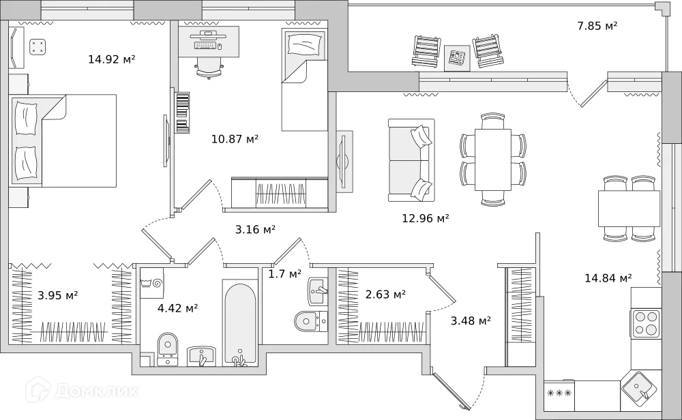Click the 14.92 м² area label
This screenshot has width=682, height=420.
click(x=112, y=59)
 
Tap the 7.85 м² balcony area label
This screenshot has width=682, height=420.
click(x=597, y=26)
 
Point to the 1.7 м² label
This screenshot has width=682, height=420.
click(x=284, y=274)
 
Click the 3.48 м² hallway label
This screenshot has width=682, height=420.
click(x=471, y=320)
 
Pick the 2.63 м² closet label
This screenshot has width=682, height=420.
click(x=385, y=294)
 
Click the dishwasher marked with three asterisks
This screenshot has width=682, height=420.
click(x=559, y=393)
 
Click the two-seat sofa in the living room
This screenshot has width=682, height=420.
click(x=411, y=160)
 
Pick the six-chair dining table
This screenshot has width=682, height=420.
click(x=492, y=160)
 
